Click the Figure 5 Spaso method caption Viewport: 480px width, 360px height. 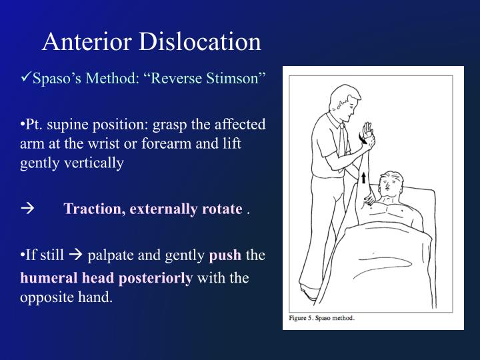321,317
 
